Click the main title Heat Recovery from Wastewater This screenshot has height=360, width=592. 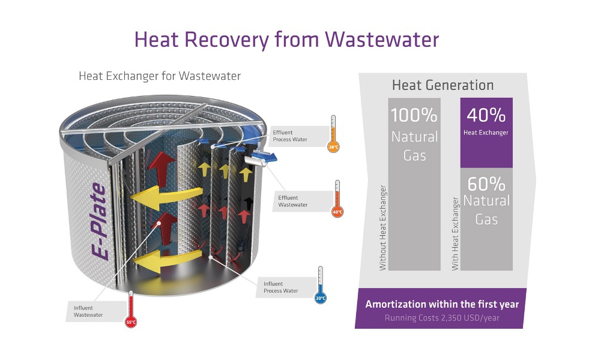click(x=286, y=39)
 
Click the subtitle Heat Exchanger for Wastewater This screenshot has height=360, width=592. click(x=160, y=76)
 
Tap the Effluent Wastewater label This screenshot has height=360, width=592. click(x=293, y=201)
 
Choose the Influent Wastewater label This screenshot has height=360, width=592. click(x=88, y=311)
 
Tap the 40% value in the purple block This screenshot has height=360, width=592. click(x=486, y=115)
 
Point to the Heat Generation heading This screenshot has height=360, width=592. click(x=442, y=85)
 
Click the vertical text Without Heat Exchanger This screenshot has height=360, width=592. click(x=383, y=227)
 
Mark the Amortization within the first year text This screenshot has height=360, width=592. click(x=442, y=304)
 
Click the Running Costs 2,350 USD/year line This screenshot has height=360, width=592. click(x=442, y=317)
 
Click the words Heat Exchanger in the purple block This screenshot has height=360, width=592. click(x=486, y=133)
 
